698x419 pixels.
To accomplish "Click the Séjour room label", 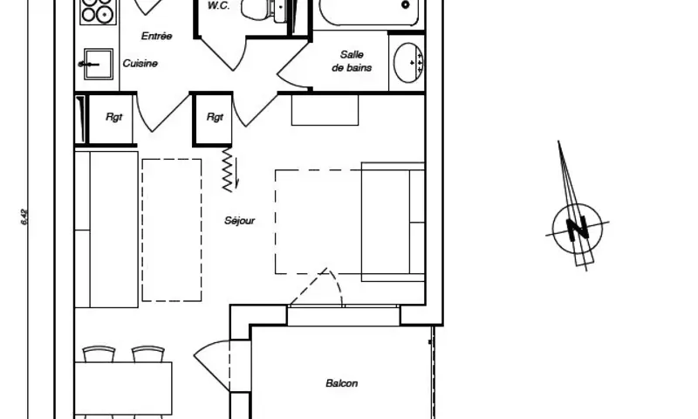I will coord(239,222).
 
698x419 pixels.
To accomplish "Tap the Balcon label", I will coord(341,383).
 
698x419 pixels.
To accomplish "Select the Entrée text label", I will coord(156,36).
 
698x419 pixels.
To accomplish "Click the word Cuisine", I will coord(140,64).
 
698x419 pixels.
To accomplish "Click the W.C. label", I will coord(218,5).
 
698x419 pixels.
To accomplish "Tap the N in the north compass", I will coord(577,229).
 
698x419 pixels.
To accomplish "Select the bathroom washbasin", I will coord(407,62).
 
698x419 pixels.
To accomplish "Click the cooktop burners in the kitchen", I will coord(97,11).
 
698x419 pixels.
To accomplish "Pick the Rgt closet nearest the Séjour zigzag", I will coord(214,119).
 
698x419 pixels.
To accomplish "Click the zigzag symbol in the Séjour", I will coord(230,168).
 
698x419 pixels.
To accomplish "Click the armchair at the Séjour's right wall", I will coord(393,222).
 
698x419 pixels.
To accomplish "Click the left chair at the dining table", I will coord(98,353).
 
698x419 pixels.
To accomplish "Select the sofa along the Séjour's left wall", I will coord(106,229).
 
